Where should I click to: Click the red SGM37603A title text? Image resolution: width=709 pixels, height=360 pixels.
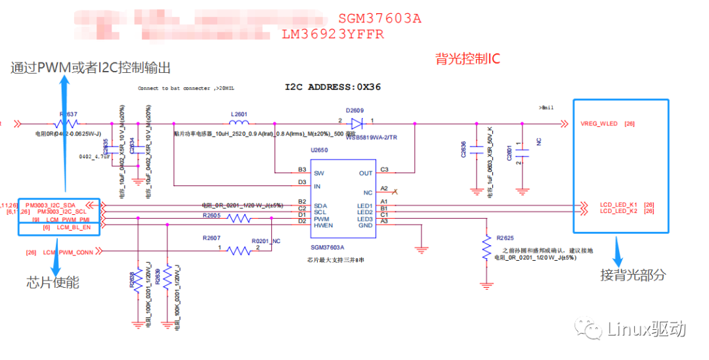(379, 18)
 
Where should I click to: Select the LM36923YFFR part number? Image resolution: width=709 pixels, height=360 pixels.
(333, 34)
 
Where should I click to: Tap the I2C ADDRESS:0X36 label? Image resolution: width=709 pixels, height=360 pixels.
(332, 87)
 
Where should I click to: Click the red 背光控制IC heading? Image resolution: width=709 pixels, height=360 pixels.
(467, 59)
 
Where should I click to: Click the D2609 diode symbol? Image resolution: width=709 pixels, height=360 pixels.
(356, 123)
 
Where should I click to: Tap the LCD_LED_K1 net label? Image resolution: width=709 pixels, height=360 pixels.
(618, 205)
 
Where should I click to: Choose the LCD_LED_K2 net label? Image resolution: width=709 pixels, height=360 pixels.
(618, 212)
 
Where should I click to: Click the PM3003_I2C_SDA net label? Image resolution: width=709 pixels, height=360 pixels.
(60, 205)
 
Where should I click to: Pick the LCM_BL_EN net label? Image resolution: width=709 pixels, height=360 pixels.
(72, 227)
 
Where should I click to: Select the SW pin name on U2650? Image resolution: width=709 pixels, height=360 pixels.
(320, 173)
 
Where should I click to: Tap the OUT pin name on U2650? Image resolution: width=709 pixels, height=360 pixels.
(366, 173)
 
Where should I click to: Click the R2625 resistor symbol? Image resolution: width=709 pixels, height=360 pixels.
(486, 248)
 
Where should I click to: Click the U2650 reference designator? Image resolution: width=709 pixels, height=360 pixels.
(319, 150)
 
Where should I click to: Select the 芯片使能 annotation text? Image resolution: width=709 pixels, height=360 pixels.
(53, 282)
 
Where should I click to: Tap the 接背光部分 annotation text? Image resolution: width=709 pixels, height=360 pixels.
(632, 275)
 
